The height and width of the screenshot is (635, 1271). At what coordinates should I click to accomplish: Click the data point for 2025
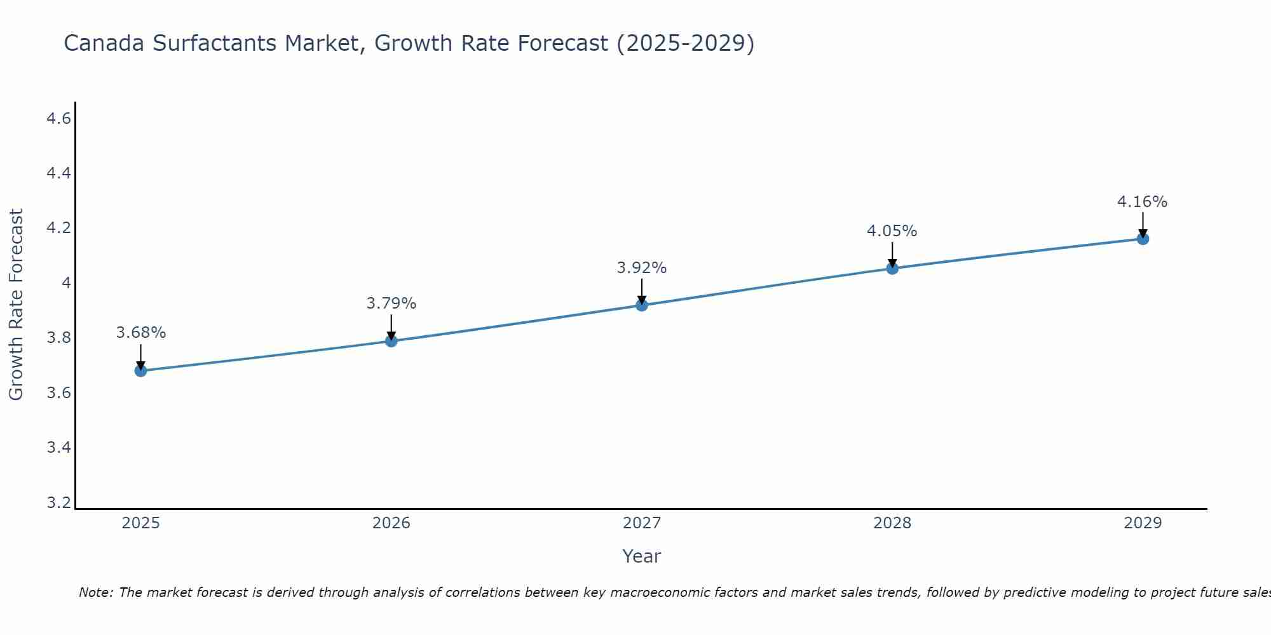(x=140, y=371)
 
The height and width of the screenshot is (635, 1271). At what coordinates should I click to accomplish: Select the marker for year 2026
(x=391, y=341)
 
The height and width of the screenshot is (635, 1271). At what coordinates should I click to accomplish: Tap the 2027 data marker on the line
(x=642, y=305)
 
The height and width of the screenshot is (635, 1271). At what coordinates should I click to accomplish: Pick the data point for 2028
(x=892, y=269)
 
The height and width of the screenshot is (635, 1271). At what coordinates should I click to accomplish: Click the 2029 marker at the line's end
(x=1143, y=239)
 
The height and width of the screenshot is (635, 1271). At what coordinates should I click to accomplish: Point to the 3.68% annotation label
(x=141, y=333)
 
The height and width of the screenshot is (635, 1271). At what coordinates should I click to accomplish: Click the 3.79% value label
(x=391, y=304)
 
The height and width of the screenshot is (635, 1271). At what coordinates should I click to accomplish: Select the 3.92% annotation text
(x=642, y=268)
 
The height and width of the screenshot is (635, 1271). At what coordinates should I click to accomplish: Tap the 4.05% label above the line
(x=892, y=231)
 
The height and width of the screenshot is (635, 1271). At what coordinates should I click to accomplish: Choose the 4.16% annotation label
(x=1143, y=202)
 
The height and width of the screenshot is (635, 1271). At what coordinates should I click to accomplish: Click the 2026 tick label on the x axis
(x=391, y=523)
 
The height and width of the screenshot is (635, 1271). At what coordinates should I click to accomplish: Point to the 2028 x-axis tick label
(x=892, y=523)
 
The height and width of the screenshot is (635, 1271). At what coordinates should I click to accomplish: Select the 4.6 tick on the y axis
(x=59, y=119)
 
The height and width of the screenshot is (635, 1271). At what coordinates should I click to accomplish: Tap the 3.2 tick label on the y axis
(x=59, y=503)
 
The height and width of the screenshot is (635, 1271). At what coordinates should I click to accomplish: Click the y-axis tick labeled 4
(x=66, y=283)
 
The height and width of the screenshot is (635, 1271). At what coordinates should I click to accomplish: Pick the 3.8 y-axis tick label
(x=59, y=338)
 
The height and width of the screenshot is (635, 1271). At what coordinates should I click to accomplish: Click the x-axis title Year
(x=642, y=556)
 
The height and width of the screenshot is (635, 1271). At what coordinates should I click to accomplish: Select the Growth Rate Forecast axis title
(x=16, y=305)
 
